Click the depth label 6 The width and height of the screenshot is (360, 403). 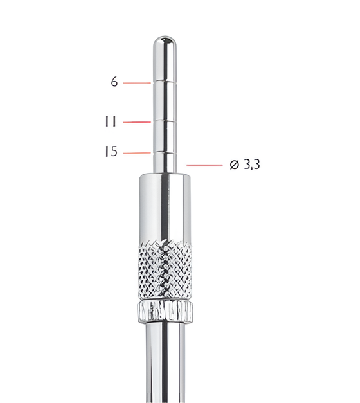point(114,82)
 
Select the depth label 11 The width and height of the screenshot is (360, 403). point(110,121)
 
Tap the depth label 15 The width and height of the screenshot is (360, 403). point(111,152)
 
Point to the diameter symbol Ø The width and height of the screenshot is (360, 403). point(235,165)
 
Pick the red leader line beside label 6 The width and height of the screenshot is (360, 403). point(136,83)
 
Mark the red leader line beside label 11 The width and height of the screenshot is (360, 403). point(136,121)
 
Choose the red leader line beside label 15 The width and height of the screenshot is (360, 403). point(136,153)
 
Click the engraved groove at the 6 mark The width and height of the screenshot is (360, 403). point(165,82)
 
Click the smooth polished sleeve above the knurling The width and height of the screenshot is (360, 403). point(165,206)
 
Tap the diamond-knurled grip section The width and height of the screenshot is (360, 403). point(165,267)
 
